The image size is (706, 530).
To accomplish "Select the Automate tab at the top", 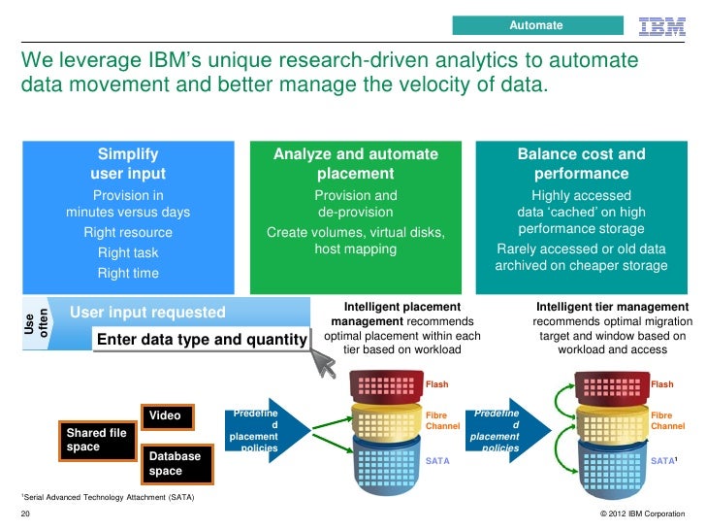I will [x=536, y=24].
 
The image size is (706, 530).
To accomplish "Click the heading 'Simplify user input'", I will [x=128, y=164].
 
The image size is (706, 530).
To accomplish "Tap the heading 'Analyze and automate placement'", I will [x=355, y=164].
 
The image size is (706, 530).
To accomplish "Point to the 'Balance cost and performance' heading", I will [x=581, y=164].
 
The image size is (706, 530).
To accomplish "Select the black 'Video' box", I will [x=168, y=415].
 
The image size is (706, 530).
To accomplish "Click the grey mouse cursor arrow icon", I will [x=324, y=364].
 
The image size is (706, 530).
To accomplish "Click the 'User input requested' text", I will [x=147, y=313].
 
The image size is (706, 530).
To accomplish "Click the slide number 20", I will [x=25, y=513].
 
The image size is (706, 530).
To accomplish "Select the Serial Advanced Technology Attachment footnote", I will [x=107, y=498].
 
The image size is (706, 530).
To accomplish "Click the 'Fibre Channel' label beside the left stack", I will [x=443, y=420].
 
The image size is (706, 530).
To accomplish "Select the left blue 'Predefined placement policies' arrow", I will [x=268, y=426].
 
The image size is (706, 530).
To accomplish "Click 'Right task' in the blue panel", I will [x=128, y=252].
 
